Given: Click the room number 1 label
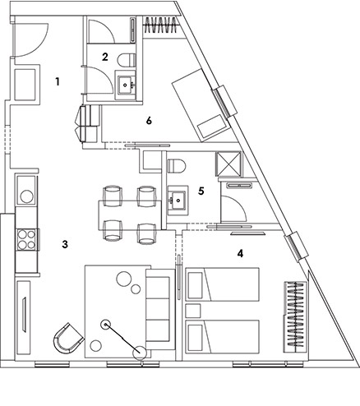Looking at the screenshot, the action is (58, 81).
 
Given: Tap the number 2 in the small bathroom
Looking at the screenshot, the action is (105, 57).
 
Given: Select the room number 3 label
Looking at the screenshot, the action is (65, 244).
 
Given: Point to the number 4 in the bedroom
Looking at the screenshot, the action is (240, 254).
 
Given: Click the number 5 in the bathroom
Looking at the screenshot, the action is (201, 191).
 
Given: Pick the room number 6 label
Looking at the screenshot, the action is (149, 121).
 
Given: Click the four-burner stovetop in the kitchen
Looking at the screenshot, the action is (26, 239).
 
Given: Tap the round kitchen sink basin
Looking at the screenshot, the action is (26, 196).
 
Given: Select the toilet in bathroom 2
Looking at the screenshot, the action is (127, 60).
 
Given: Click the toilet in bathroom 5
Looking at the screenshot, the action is (177, 166).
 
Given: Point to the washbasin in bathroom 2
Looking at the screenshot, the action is (126, 85).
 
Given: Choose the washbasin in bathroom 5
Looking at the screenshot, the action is (178, 201).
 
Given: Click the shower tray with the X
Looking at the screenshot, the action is (228, 164).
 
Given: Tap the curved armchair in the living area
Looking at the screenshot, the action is (67, 338).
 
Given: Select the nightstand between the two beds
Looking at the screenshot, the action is (193, 311).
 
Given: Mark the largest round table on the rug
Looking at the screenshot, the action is (124, 279).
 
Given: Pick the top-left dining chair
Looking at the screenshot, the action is (112, 196).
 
